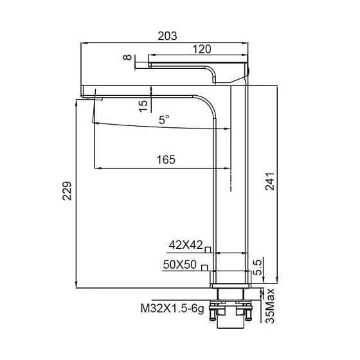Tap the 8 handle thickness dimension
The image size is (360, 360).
(129, 58)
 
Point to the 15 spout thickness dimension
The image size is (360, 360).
(143, 102)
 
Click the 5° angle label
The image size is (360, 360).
(165, 119)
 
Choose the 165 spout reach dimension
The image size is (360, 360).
(166, 160)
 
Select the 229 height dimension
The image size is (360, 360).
(67, 191)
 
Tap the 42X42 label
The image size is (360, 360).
(186, 245)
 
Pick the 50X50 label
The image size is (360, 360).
(179, 264)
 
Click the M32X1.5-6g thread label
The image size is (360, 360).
(172, 308)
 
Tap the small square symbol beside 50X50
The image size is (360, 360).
(204, 267)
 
